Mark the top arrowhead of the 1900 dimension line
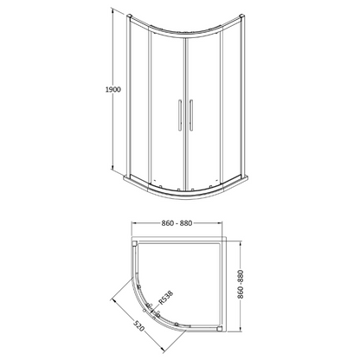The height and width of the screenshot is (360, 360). pyautogui.click(x=113, y=13)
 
